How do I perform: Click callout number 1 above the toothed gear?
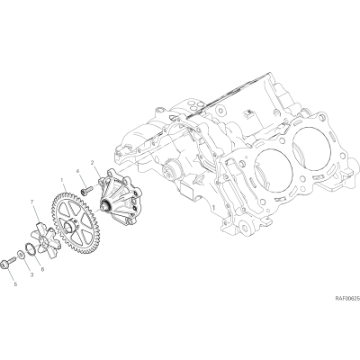(62, 180)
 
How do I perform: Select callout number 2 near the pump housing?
(92, 162)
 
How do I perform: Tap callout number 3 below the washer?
(31, 274)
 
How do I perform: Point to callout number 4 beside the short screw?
(77, 171)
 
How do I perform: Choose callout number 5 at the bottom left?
(15, 284)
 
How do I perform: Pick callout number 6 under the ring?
(42, 270)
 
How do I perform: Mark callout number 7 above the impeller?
(32, 202)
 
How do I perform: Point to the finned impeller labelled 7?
(43, 240)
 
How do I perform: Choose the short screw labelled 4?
(85, 190)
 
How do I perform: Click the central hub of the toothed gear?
(71, 225)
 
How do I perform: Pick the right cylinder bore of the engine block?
(311, 144)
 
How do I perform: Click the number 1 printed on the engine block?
(213, 208)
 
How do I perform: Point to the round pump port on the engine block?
(169, 171)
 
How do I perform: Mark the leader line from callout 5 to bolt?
(11, 273)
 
